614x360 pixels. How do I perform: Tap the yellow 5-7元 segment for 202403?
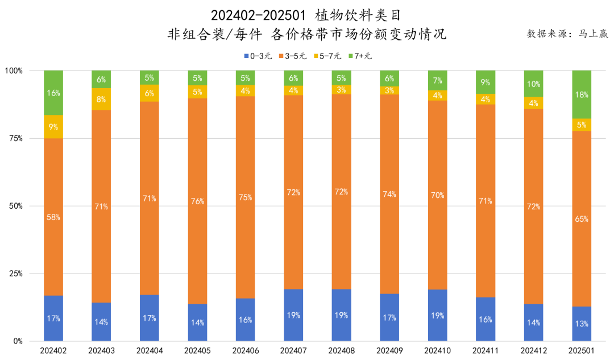point(101,99)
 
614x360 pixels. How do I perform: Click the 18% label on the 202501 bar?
point(582,95)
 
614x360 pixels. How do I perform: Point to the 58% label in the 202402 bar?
point(53,217)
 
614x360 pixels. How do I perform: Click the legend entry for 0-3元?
point(259,56)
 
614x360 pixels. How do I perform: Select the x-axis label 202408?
point(341,351)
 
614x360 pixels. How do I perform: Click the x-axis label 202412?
point(533,351)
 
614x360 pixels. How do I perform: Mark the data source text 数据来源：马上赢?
point(567,34)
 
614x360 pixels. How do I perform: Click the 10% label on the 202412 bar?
point(533,84)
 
